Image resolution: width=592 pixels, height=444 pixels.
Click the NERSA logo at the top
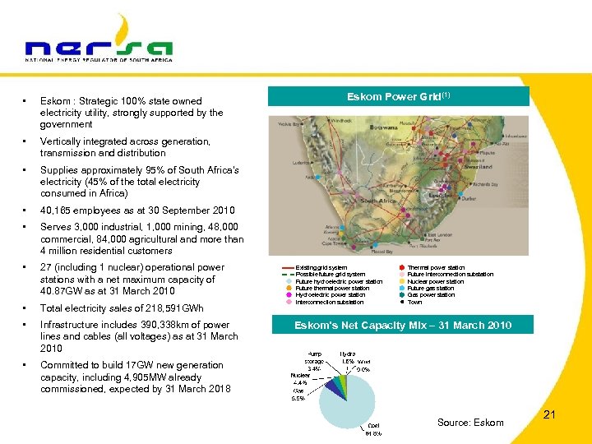click(99, 41)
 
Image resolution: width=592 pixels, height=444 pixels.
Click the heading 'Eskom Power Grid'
click(400, 96)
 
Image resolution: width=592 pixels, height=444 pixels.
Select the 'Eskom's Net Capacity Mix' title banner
click(403, 326)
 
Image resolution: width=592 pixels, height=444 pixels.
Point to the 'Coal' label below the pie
click(372, 430)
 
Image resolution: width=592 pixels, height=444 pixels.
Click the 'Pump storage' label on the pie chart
click(314, 361)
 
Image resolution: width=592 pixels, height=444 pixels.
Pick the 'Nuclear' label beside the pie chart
click(299, 379)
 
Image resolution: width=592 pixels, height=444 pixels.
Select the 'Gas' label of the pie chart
click(298, 394)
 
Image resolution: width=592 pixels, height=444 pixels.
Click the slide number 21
click(549, 415)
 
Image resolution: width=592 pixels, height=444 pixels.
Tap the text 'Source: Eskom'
click(470, 423)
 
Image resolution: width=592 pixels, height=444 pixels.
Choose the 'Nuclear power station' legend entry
click(435, 281)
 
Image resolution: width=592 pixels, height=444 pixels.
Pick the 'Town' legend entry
click(414, 302)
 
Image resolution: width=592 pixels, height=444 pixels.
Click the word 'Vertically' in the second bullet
click(60, 141)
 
